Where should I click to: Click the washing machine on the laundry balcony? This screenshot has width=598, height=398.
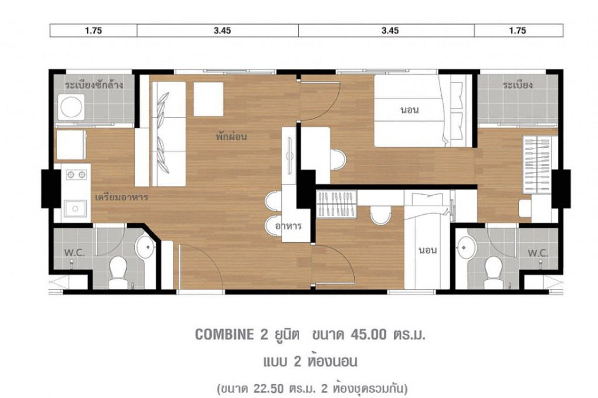click(71, 107)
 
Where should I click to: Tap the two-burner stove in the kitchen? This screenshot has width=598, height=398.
click(76, 175)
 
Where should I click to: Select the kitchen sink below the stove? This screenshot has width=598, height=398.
click(75, 209)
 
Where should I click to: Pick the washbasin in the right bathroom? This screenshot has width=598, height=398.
click(466, 247)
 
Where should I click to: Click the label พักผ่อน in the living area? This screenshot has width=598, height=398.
click(231, 136)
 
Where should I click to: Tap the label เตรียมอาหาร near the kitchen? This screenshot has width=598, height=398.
click(122, 198)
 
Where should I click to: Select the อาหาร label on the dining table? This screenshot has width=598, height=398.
click(289, 226)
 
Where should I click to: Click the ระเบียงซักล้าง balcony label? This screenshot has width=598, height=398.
click(94, 85)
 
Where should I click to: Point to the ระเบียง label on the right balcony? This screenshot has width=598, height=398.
click(518, 85)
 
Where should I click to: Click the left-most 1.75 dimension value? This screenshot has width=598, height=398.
click(94, 31)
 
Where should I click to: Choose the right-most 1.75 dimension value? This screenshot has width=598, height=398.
click(518, 31)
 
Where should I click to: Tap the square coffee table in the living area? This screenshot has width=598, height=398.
click(208, 99)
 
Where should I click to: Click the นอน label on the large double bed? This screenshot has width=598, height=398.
click(410, 110)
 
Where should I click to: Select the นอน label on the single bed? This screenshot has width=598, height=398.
click(428, 250)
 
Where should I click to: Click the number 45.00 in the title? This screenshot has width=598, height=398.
click(368, 334)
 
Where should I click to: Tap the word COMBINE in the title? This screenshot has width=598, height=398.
click(224, 334)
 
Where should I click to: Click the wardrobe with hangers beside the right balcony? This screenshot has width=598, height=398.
click(537, 165)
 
